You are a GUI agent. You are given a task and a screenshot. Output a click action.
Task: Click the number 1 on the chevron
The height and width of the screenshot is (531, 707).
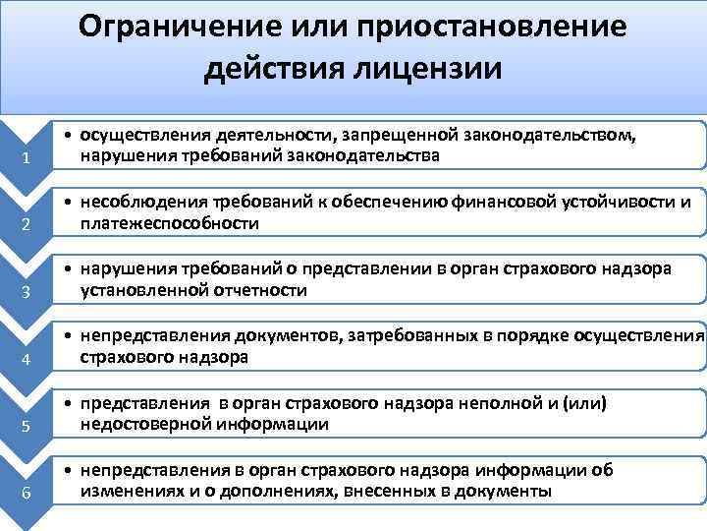point(30,160)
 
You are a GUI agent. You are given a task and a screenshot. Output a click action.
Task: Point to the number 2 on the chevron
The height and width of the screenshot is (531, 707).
point(30,226)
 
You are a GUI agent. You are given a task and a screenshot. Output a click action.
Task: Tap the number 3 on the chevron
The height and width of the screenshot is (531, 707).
point(30,292)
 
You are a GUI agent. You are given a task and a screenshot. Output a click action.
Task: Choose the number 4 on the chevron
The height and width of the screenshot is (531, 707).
point(30,359)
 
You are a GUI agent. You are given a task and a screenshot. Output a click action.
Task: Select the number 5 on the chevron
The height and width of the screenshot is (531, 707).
point(30,426)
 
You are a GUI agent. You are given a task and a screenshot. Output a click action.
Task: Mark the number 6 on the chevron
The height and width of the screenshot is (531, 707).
point(30,493)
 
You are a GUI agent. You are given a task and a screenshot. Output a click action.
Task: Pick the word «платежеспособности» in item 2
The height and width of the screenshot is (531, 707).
point(169,223)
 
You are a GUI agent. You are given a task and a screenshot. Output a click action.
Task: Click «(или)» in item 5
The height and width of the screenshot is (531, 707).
point(586,404)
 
